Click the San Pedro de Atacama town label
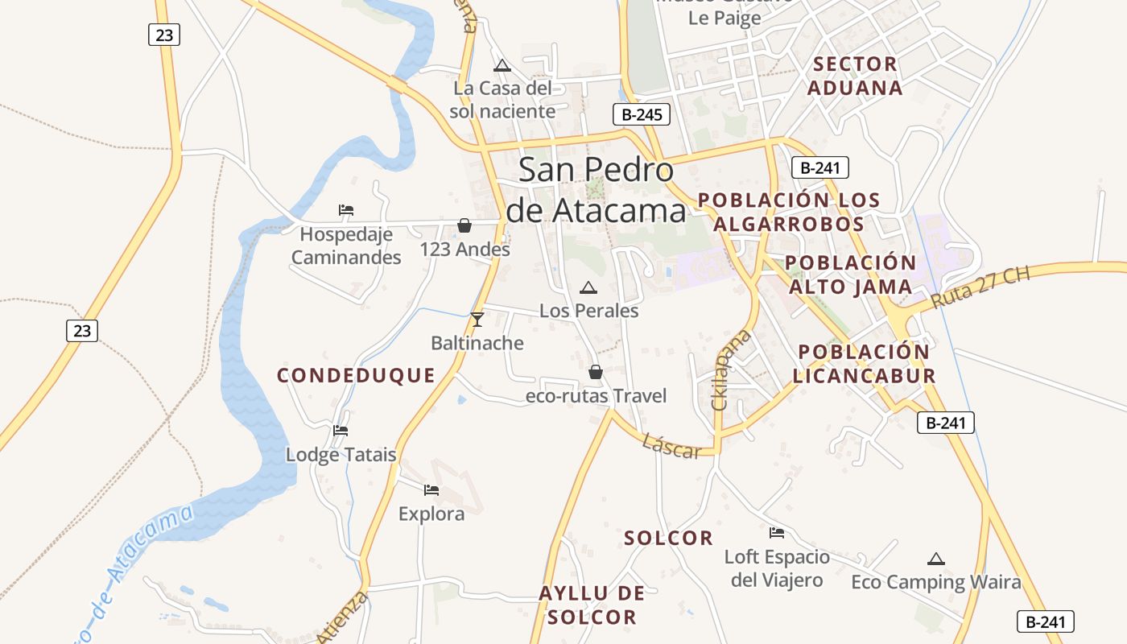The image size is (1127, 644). point(596,190)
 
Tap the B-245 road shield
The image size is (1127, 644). point(642,114)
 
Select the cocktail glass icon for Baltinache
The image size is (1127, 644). point(477,320)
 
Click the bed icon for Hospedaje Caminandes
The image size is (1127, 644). point(346,210)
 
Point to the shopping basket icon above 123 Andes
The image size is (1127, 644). point(464,225)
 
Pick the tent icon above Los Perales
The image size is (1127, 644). point(588,287)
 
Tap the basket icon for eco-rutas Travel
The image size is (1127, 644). point(596,372)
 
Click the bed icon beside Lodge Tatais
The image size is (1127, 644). point(341,431)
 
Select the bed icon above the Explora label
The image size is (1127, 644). point(431,489)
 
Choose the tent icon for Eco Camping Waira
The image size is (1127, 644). point(935,559)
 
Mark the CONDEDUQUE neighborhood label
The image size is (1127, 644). point(356,375)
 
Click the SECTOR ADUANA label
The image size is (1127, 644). point(855,76)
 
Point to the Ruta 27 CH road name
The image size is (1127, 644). point(980,288)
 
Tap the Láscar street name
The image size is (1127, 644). point(672,447)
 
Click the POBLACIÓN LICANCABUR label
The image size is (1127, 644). point(864,363)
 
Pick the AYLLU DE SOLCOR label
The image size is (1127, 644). point(592,605)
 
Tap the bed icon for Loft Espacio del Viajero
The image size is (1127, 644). point(777,533)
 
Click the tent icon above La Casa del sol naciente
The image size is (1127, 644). point(502,65)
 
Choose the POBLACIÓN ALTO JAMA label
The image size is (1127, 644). point(850,275)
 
